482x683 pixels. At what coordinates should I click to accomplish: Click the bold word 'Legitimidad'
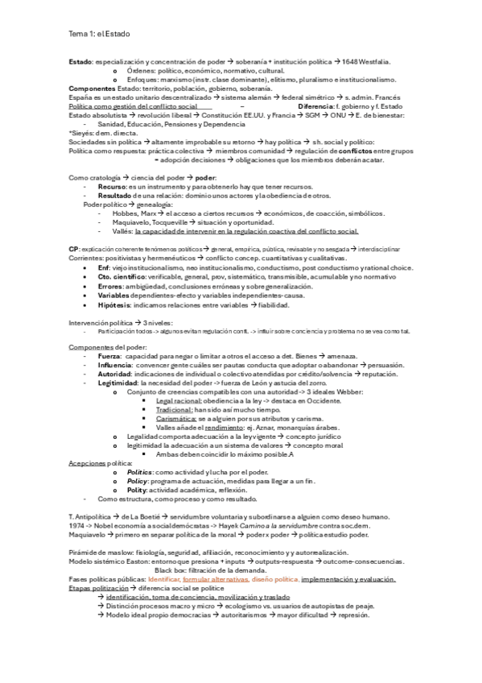[117, 383]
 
